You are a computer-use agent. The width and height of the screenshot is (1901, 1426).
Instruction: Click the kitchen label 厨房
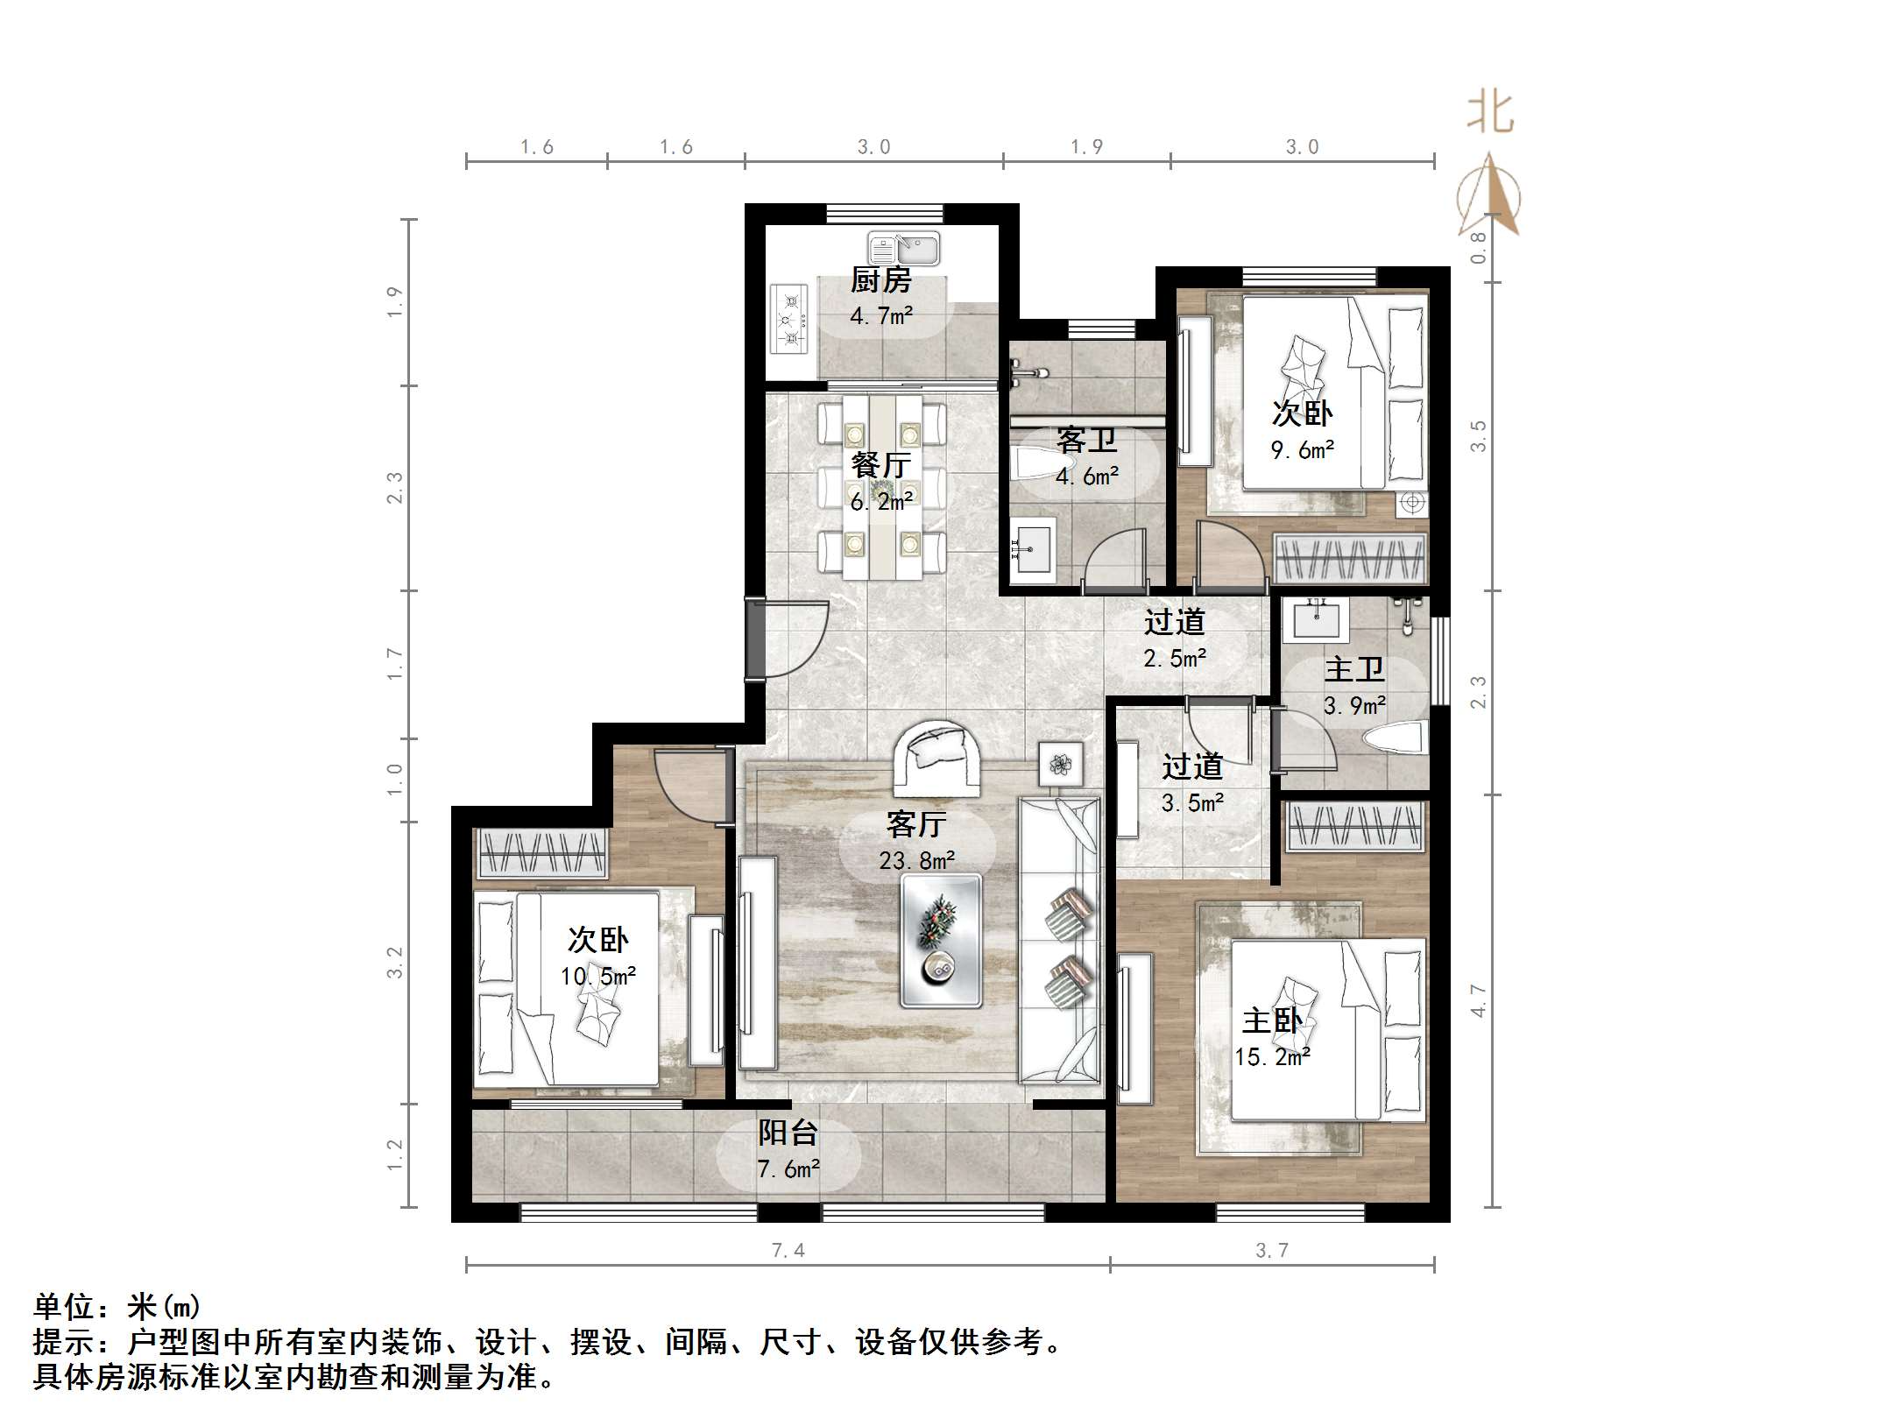point(880,280)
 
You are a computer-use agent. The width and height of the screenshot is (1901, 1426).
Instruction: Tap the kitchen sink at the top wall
point(903,249)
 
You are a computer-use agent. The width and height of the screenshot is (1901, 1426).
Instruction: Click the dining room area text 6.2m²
point(881,501)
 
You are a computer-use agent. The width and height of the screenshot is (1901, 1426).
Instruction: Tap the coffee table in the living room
point(941,942)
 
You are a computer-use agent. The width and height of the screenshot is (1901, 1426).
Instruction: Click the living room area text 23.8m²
point(916,861)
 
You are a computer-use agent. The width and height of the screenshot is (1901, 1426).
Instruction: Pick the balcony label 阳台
point(788,1133)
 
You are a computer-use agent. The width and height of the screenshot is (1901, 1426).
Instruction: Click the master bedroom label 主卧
point(1272,1021)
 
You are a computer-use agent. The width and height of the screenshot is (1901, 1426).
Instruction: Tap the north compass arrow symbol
point(1489,197)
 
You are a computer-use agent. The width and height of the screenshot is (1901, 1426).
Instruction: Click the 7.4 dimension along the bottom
point(788,1250)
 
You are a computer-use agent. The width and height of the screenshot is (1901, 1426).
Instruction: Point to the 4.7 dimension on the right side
point(1479,1000)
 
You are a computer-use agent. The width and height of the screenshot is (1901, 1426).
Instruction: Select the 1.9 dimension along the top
point(1086,147)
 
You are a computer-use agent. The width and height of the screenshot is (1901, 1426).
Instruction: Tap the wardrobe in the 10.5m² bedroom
point(542,852)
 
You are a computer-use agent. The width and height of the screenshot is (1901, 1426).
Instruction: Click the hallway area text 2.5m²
point(1174,658)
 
